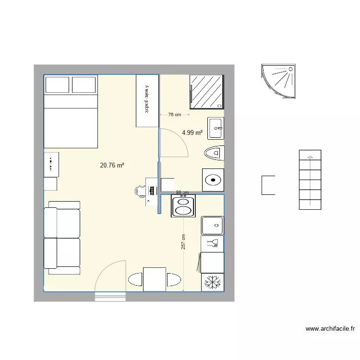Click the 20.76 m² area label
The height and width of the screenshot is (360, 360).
112,166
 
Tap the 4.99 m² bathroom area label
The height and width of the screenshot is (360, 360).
192,133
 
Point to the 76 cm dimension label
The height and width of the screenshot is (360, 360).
174,115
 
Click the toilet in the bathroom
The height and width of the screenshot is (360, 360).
214,153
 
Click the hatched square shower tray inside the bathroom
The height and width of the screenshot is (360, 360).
207,92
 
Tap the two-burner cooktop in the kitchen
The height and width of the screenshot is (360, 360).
182,206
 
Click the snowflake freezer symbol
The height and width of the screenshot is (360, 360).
212,282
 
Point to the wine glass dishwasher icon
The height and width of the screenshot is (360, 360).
212,243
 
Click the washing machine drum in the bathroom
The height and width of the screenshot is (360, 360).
213,180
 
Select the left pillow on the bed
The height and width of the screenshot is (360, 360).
57,85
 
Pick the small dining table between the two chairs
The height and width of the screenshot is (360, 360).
155,279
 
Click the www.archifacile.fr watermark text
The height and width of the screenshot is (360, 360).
330,329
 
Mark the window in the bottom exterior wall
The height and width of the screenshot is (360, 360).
110,297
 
